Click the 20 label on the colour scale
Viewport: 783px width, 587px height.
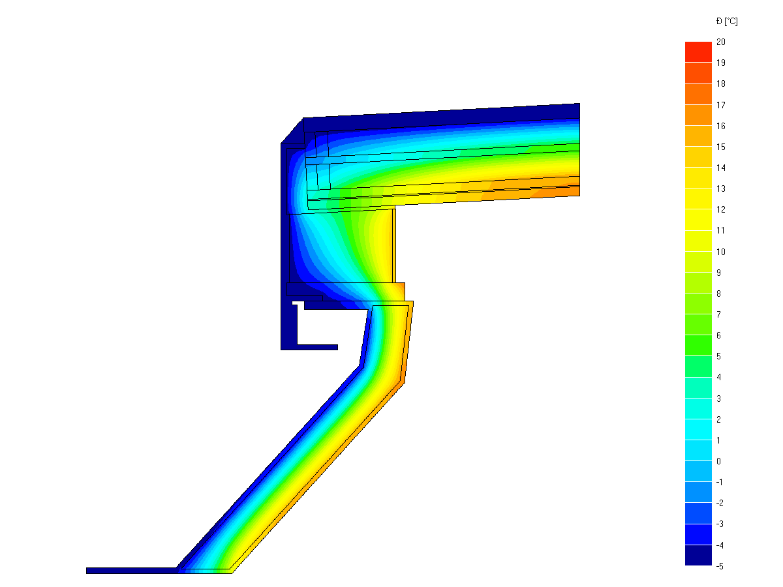(x=720, y=42)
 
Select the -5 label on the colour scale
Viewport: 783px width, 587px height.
(x=720, y=566)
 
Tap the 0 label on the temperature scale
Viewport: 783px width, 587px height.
(x=718, y=461)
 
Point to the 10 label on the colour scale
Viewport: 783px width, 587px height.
(x=720, y=252)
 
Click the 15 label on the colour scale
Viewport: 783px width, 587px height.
(x=720, y=147)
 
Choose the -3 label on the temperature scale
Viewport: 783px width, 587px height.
(x=720, y=524)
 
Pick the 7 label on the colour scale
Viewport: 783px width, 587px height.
(x=718, y=314)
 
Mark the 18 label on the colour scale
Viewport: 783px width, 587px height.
(x=720, y=83)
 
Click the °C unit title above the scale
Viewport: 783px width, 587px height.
(x=727, y=22)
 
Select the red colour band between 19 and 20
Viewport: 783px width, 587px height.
(x=698, y=52)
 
